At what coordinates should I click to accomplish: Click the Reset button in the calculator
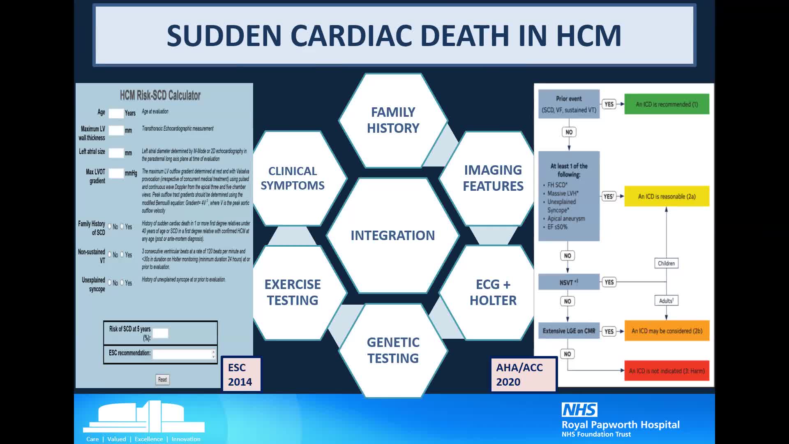(x=162, y=379)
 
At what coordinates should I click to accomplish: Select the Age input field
(x=116, y=113)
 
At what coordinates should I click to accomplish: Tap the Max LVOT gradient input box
(x=116, y=173)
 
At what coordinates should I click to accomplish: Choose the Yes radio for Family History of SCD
(x=122, y=227)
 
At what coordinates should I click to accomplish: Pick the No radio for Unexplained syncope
(x=110, y=283)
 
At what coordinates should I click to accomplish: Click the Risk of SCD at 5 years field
(x=160, y=333)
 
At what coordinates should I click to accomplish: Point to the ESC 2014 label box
(x=240, y=374)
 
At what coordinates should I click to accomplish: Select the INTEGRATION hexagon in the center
(x=392, y=235)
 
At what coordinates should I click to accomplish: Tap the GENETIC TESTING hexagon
(x=393, y=350)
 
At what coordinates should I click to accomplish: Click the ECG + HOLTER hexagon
(x=493, y=292)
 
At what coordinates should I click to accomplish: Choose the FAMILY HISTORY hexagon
(x=393, y=120)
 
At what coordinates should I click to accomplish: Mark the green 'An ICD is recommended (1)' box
(x=667, y=104)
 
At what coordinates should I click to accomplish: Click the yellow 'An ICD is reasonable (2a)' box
(x=667, y=197)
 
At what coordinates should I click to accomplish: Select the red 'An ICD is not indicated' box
(x=667, y=371)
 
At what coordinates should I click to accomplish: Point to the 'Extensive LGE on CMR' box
(x=569, y=331)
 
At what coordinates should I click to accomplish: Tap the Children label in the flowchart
(x=666, y=263)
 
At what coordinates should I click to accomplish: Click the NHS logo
(x=579, y=410)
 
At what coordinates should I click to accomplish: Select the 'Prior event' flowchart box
(x=569, y=104)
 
